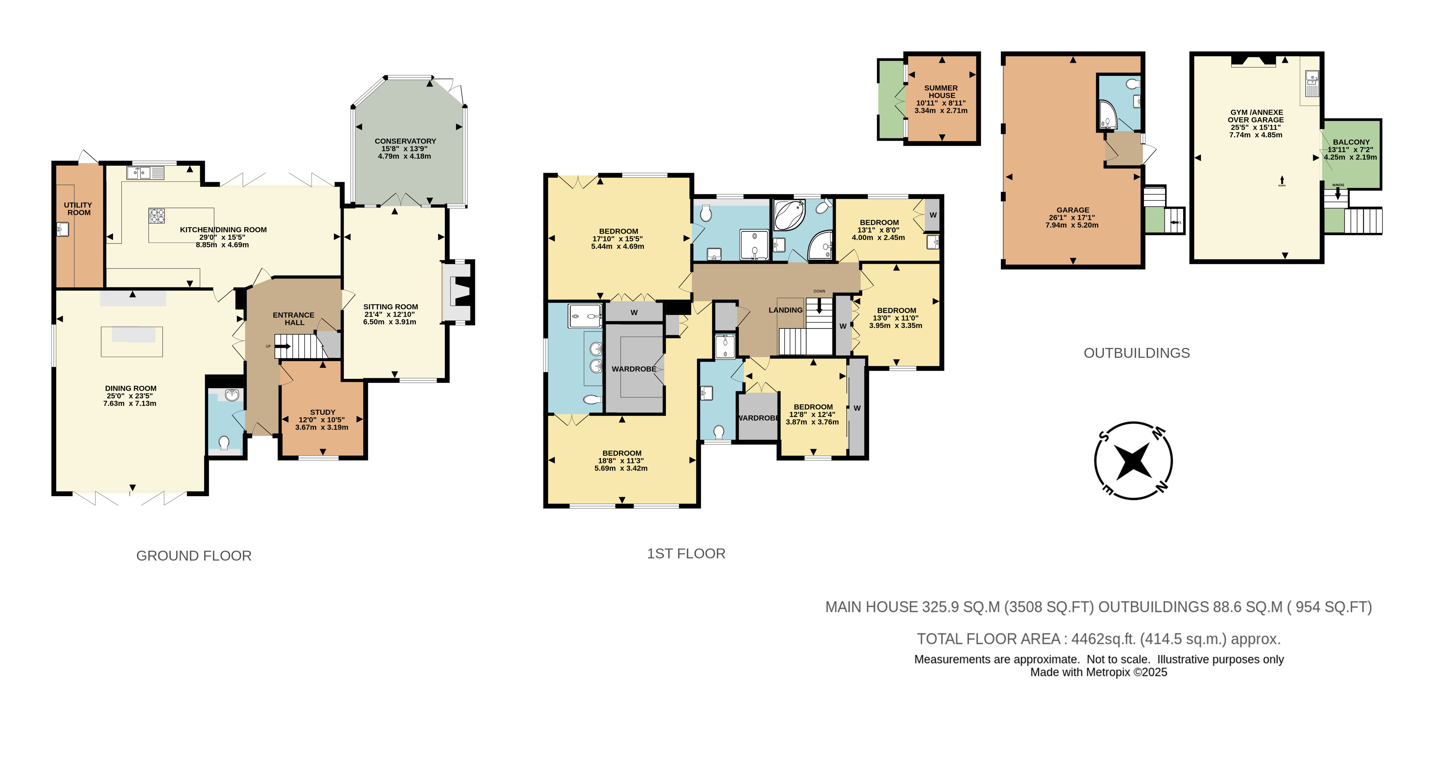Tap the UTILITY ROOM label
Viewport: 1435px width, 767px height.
pos(79,209)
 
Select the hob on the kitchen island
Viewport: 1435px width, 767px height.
pos(157,215)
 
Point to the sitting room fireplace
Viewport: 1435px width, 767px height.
pos(457,292)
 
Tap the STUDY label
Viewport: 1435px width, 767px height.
pos(322,412)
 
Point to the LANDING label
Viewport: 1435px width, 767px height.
pos(785,310)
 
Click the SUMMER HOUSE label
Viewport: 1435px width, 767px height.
pos(941,91)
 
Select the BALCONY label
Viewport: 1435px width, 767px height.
pos(1351,142)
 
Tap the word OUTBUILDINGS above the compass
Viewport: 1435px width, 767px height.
pos(1136,353)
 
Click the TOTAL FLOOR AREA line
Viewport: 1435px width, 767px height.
pos(1099,639)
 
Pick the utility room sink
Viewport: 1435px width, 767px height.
pos(62,229)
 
